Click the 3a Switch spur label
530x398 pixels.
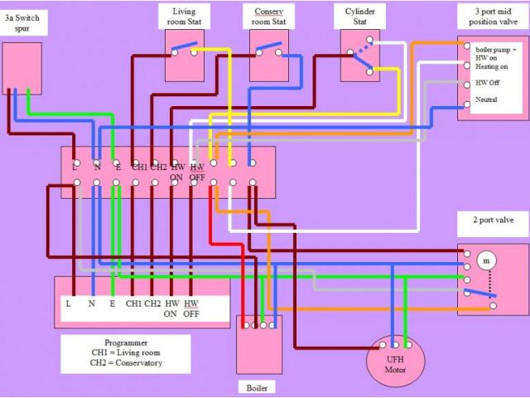[23, 22]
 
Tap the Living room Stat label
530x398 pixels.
[184, 17]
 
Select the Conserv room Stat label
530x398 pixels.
[269, 17]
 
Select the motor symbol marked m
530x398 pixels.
[486, 260]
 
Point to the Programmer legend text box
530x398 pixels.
[125, 353]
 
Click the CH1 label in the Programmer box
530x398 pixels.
[134, 303]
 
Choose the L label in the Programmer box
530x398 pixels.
[69, 303]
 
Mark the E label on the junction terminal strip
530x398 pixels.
[118, 167]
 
